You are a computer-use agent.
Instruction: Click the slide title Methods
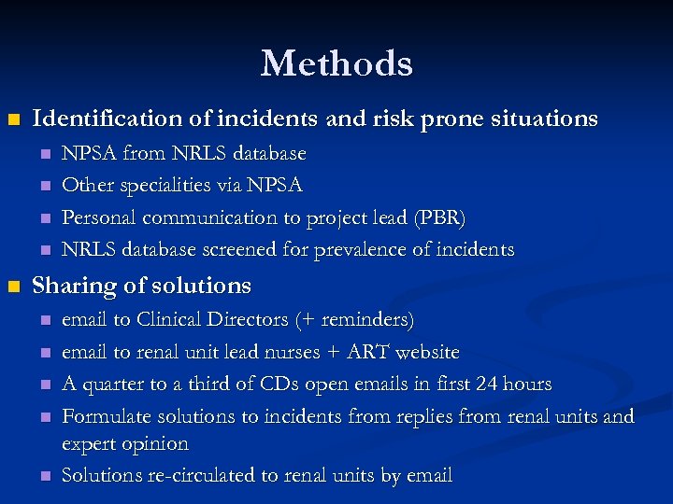point(336,63)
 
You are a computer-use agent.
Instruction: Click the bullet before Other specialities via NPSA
point(43,186)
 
